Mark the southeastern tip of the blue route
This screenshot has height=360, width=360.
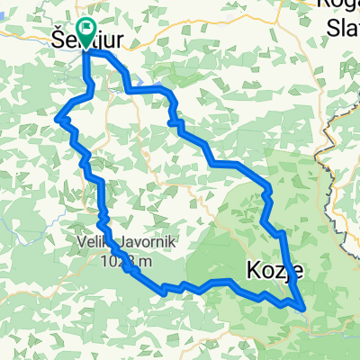307,310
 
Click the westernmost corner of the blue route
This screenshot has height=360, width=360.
58,118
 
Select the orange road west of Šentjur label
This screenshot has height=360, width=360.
27,38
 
